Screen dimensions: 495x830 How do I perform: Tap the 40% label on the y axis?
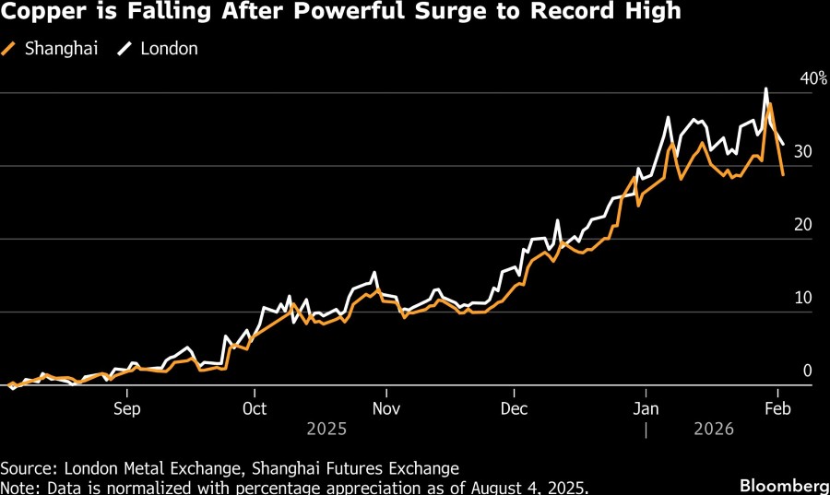(812, 79)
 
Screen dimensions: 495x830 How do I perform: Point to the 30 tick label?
(803, 153)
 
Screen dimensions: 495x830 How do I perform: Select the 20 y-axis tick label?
(803, 226)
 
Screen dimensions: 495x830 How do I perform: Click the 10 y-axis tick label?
(803, 299)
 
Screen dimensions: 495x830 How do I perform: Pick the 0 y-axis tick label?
(807, 371)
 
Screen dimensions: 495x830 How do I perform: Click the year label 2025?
(326, 430)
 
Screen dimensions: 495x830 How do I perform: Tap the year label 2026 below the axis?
(713, 430)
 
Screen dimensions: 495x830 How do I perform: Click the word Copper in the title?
(39, 12)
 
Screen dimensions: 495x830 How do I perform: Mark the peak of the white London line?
(766, 88)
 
